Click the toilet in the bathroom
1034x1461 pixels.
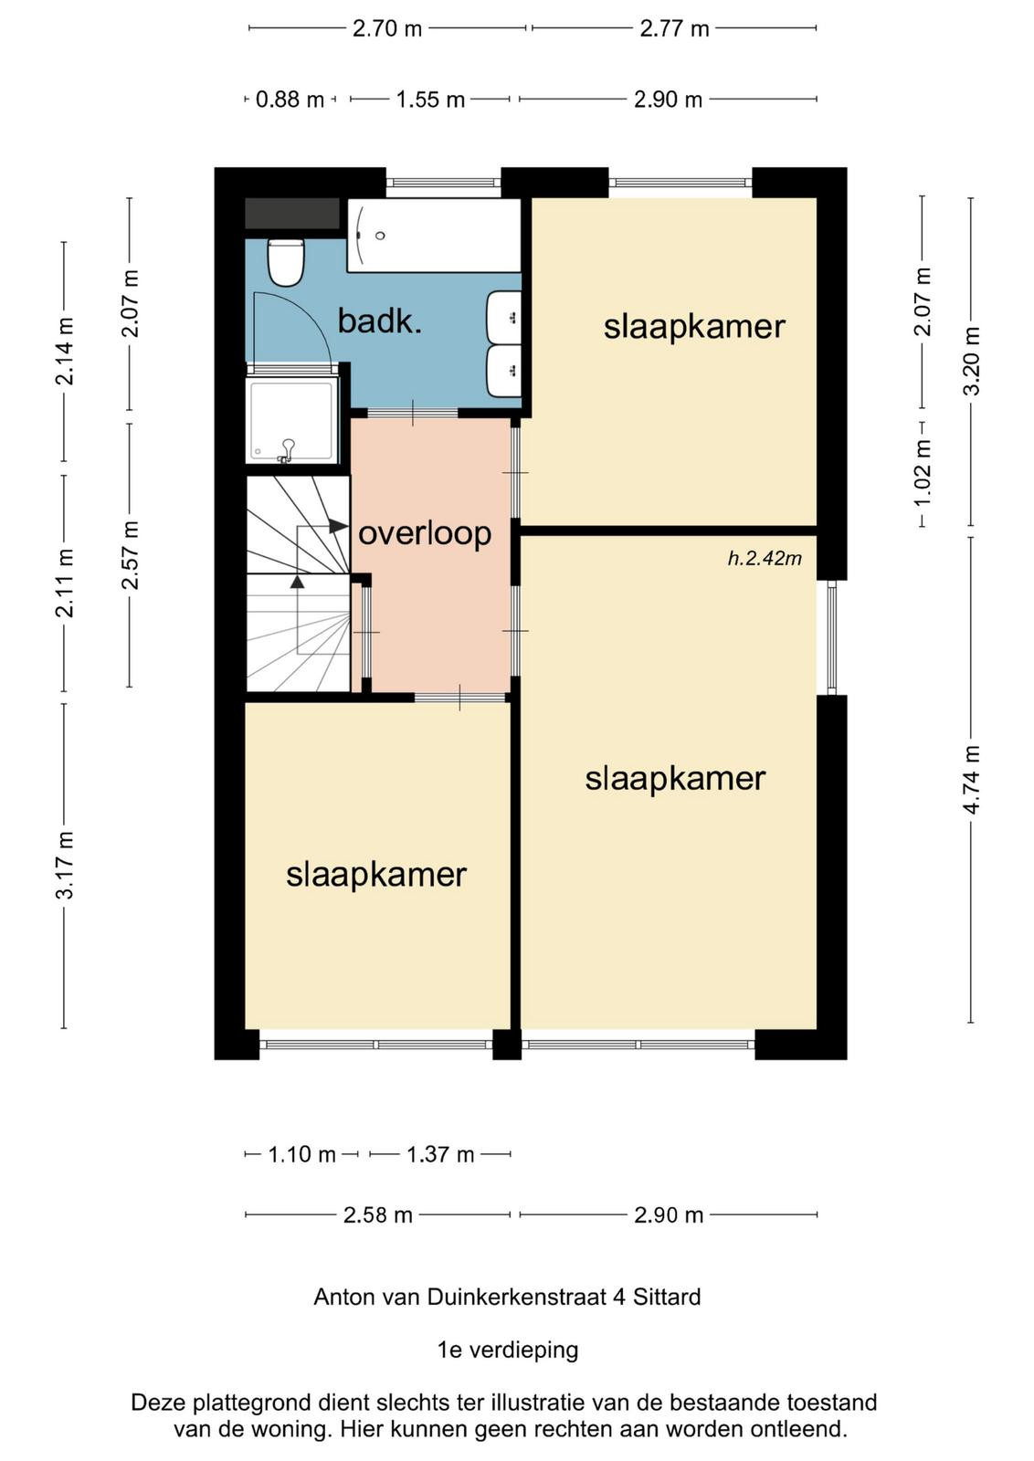point(286,262)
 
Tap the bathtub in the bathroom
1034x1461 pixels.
point(434,236)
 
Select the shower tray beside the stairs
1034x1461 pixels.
point(291,420)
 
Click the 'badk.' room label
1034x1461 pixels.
point(380,321)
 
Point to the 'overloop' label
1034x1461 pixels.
point(425,534)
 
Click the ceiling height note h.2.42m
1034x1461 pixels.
point(765,558)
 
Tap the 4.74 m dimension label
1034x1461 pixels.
point(971,780)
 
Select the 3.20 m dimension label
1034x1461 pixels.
point(971,361)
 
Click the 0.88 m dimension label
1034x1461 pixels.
point(290,100)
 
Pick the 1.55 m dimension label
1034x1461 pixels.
point(430,100)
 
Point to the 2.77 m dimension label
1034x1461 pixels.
point(674,29)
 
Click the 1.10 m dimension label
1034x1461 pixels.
point(302,1155)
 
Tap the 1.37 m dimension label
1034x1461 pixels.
point(440,1155)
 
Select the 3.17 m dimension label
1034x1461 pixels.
point(65,865)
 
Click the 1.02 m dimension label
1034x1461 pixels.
point(923,473)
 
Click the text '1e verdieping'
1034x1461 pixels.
point(508,1351)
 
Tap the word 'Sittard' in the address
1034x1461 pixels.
point(667,1298)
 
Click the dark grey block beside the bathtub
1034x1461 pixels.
point(292,214)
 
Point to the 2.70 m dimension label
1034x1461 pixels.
point(387,29)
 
